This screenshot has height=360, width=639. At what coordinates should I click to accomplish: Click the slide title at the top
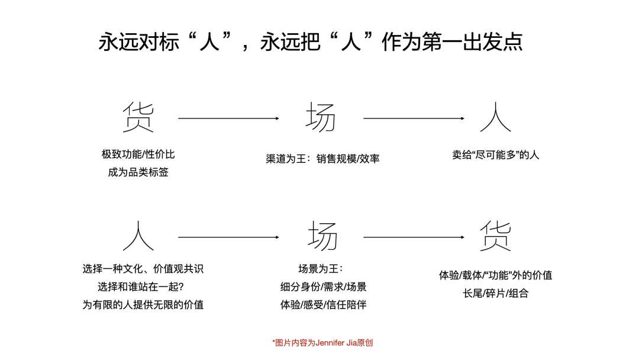click(311, 42)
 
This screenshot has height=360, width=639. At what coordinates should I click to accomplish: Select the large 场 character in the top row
click(321, 117)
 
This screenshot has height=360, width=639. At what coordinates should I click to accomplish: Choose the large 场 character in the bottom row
click(323, 236)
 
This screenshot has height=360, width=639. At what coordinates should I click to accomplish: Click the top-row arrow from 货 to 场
click(228, 118)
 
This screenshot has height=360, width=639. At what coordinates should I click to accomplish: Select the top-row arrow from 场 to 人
click(414, 118)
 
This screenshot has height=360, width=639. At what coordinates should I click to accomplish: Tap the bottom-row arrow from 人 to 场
click(228, 237)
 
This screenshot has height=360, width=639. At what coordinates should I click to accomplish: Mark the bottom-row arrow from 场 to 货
click(414, 237)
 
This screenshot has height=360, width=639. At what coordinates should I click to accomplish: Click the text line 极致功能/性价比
click(138, 155)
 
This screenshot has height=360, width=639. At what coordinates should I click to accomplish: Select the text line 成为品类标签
click(138, 172)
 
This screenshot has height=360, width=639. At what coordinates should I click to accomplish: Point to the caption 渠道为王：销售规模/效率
click(323, 159)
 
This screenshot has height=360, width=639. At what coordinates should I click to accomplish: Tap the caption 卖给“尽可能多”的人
click(496, 155)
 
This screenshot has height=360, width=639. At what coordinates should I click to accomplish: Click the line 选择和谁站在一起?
click(141, 287)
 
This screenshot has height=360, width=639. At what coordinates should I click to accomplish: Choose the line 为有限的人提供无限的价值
click(143, 305)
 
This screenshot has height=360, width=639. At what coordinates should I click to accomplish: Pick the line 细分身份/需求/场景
click(324, 287)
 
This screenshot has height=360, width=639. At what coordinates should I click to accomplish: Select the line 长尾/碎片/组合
click(496, 294)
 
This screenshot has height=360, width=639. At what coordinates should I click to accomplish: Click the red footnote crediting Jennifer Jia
click(322, 343)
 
